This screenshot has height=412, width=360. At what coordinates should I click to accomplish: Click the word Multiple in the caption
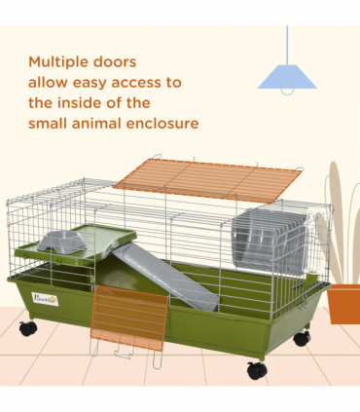tap(60, 61)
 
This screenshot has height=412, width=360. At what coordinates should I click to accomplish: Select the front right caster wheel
tap(257, 370)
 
